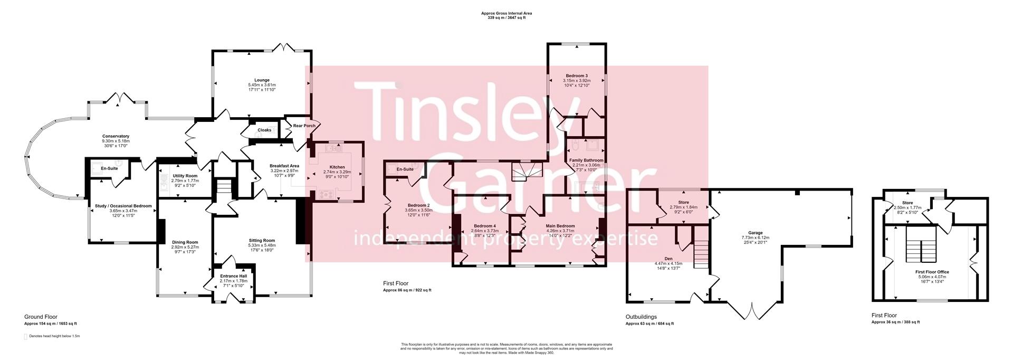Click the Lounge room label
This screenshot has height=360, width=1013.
(262, 80)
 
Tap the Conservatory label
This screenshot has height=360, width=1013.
(116, 136)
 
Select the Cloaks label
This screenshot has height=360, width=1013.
(264, 130)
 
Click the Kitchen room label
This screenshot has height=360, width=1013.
(337, 167)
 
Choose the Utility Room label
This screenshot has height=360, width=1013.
(185, 176)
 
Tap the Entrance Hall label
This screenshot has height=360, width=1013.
(233, 276)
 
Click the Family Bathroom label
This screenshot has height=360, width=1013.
(586, 160)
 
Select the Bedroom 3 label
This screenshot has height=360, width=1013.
(577, 75)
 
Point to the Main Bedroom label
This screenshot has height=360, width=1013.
(560, 226)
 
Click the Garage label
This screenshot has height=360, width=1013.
(756, 233)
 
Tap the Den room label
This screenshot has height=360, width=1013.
(668, 259)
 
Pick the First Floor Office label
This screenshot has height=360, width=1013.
(932, 271)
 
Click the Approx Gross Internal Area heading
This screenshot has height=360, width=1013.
(506, 13)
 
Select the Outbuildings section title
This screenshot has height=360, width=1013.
(641, 317)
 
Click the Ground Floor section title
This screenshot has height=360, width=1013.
(41, 317)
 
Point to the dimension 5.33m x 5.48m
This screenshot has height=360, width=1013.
(262, 245)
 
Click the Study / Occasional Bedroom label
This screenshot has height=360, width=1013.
(123, 206)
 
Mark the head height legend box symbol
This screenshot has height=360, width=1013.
(25, 336)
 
